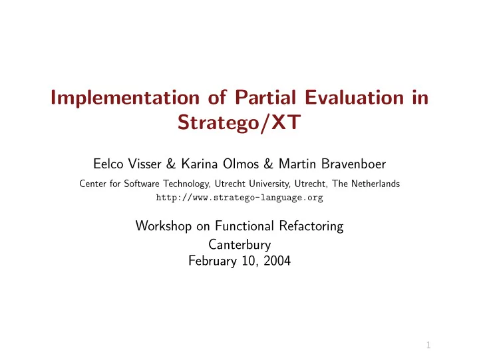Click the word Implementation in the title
coord(125,98)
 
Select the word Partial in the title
coord(265,97)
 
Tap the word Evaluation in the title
coord(355,97)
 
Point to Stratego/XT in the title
coord(239,122)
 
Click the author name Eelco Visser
coord(127,164)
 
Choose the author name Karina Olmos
coord(220,164)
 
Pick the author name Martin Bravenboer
coord(333,164)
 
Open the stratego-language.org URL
coord(239,198)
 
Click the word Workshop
coord(164,226)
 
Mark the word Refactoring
coord(311,226)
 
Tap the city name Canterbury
coord(239,245)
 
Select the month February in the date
coord(213,261)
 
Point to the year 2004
coord(277,261)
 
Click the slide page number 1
coord(428,345)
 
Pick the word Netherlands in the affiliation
coord(375,184)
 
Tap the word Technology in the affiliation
coord(186,184)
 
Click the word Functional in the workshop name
coord(244,226)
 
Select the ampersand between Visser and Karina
coord(171,164)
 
